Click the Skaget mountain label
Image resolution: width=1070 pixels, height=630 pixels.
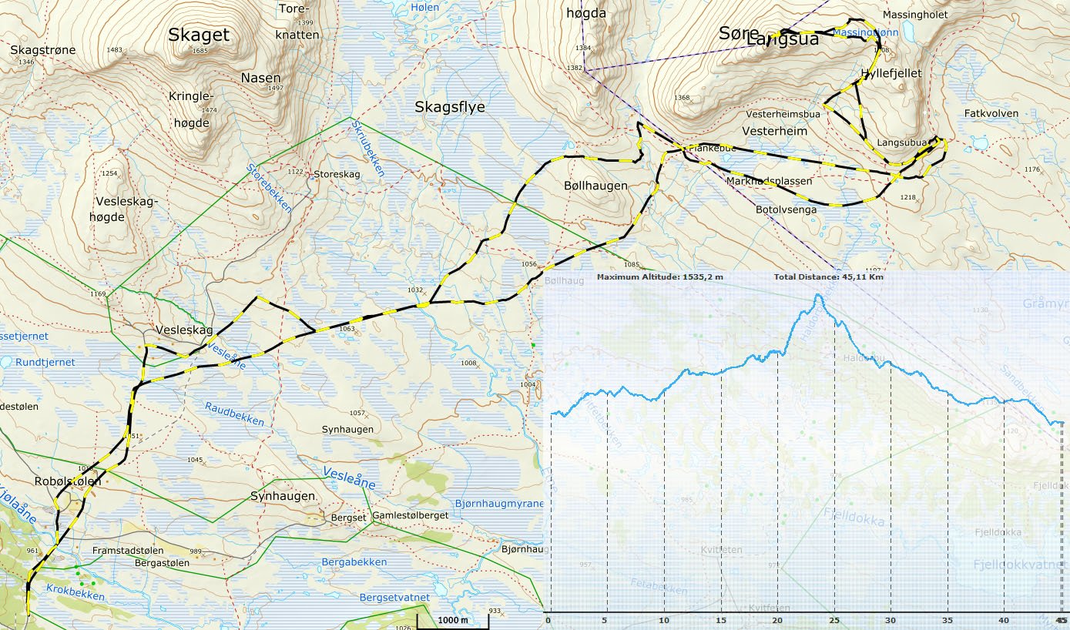199,35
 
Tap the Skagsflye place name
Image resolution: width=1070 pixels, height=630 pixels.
450,107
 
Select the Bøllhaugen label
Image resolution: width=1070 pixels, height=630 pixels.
595,186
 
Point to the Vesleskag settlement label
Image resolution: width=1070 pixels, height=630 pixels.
184,330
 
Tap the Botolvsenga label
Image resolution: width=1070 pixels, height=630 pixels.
786,209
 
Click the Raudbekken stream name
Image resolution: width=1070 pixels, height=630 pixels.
235,413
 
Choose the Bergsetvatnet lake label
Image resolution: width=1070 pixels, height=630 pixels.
394,598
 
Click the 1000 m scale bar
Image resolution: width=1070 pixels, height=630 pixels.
453,620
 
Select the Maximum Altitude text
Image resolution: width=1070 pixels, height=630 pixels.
659,276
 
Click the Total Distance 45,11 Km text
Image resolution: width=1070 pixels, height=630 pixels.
828,276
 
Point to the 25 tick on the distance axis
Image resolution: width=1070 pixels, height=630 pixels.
834,620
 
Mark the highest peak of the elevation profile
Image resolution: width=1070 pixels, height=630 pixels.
817,295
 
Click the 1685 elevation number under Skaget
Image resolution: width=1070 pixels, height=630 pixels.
200,51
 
